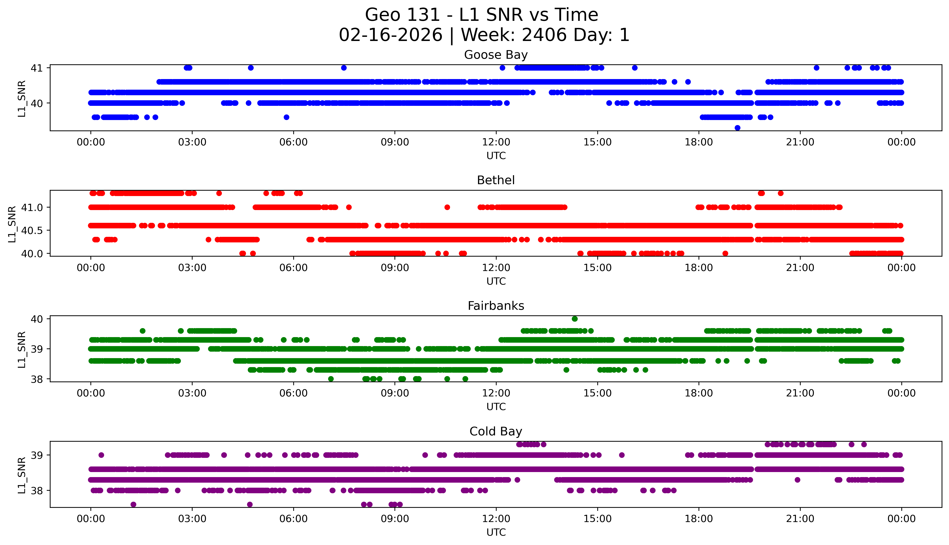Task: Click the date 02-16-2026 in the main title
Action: pyautogui.click(x=391, y=35)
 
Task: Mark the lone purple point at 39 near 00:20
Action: pyautogui.click(x=101, y=455)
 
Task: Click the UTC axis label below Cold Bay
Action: pyautogui.click(x=496, y=532)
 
